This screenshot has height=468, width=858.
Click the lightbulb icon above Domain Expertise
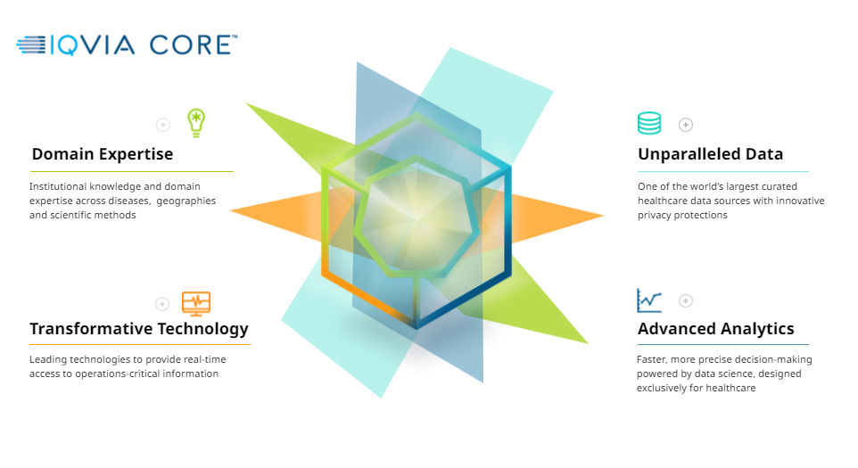tap(196, 123)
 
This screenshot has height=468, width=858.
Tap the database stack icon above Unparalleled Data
tap(649, 123)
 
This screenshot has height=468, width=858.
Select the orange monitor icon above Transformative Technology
tap(196, 303)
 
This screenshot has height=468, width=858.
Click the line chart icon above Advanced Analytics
tap(649, 300)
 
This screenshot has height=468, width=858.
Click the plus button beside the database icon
tap(686, 125)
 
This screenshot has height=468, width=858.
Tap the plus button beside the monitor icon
tap(162, 303)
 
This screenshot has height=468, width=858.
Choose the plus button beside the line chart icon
tap(686, 300)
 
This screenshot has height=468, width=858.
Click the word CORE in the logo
tap(191, 45)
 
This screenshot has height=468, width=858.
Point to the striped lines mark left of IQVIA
tap(31, 45)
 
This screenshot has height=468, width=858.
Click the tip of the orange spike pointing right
tap(603, 216)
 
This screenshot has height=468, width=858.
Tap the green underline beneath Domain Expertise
tap(132, 172)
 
